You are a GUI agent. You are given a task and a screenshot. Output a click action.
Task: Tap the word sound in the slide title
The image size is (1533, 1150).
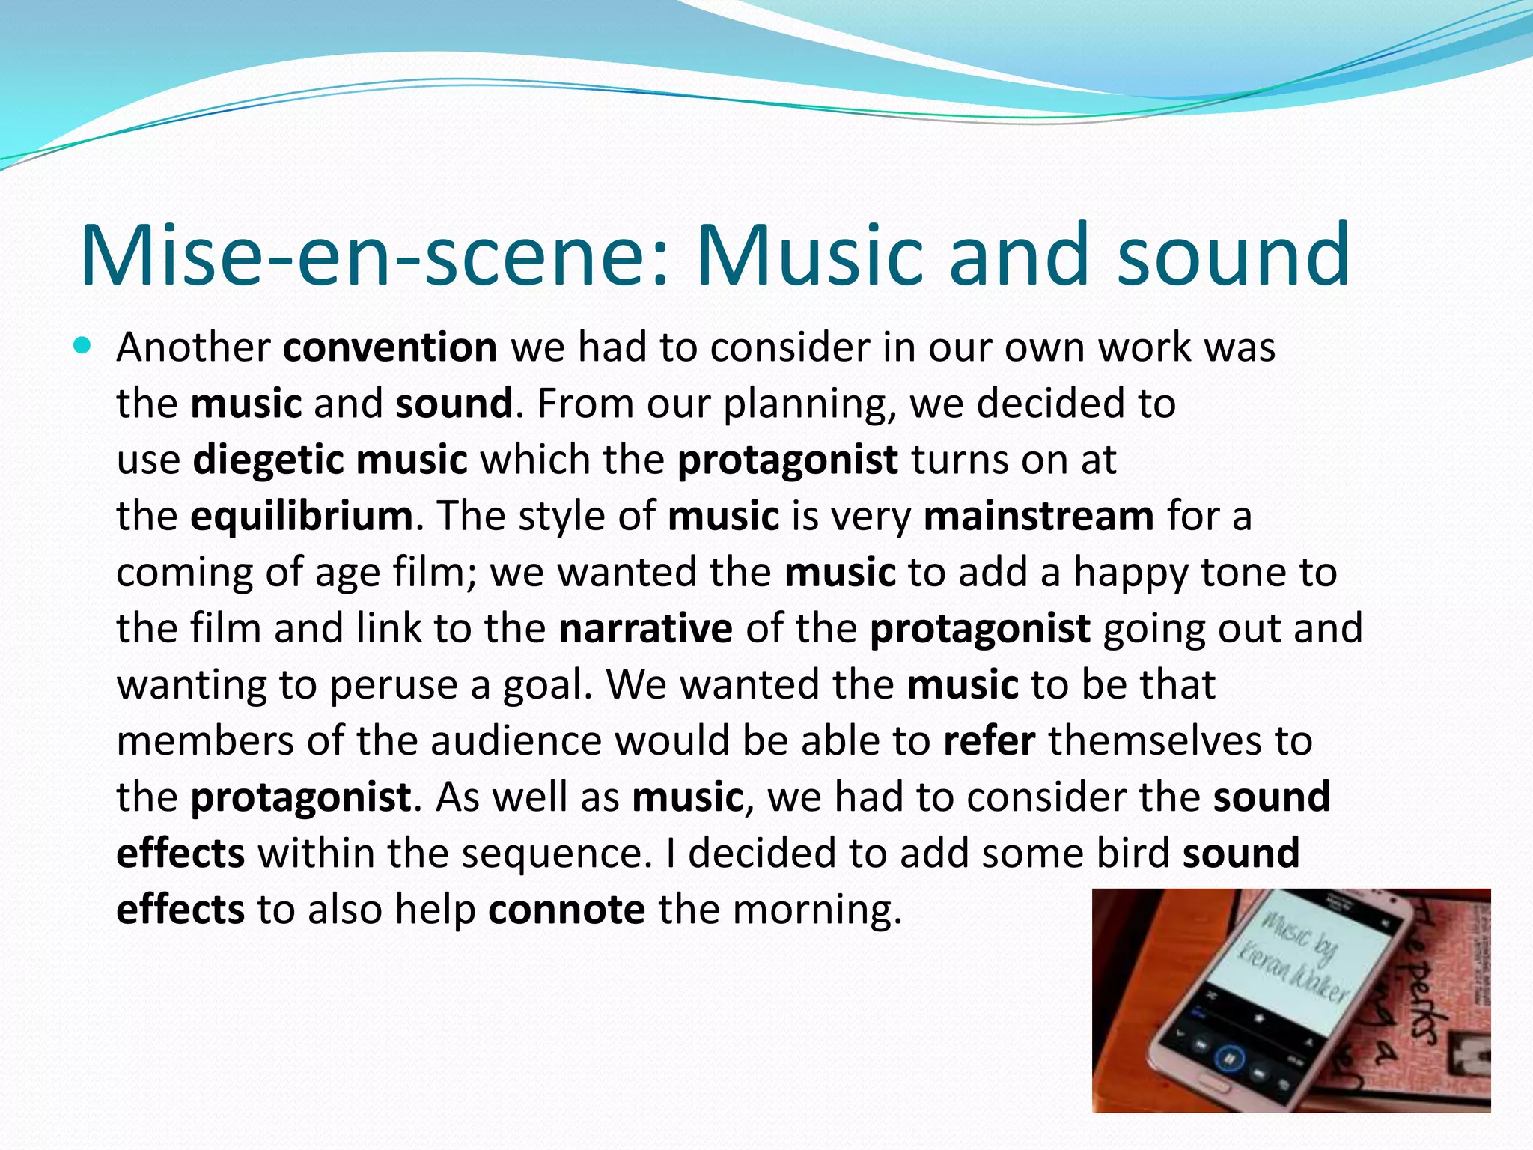click(1233, 256)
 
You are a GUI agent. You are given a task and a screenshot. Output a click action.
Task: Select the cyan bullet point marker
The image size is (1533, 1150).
click(82, 346)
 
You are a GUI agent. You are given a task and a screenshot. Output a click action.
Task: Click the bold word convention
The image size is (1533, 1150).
click(390, 347)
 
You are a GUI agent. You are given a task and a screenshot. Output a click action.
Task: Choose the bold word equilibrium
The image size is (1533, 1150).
click(301, 516)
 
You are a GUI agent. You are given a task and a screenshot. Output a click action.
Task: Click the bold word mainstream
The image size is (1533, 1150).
click(1039, 516)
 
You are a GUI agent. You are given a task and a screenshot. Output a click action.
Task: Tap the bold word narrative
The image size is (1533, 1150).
click(645, 628)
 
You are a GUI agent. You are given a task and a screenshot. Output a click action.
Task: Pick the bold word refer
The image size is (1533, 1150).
click(989, 740)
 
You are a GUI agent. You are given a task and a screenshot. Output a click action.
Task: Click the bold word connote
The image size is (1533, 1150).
click(567, 910)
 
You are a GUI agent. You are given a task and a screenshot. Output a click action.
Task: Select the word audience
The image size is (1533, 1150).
click(516, 740)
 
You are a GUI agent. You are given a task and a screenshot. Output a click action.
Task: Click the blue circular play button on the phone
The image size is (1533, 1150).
click(1228, 1059)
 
